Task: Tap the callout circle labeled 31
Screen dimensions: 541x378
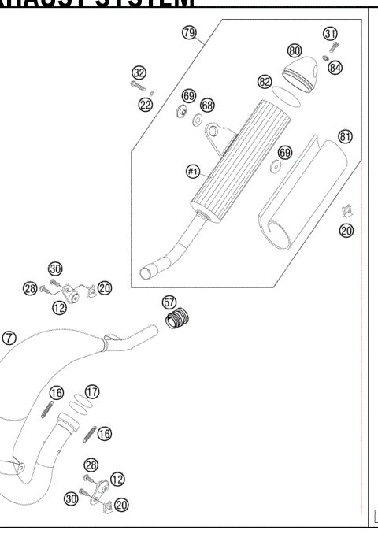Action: tap(330, 32)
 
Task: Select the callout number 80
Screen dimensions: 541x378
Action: tap(295, 51)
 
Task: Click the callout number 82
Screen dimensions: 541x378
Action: tap(264, 81)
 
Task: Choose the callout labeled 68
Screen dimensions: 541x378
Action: tap(207, 105)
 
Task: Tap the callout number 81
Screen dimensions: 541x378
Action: tap(344, 136)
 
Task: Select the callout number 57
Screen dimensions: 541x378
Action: tap(169, 302)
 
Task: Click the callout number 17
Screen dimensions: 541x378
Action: tap(92, 391)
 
